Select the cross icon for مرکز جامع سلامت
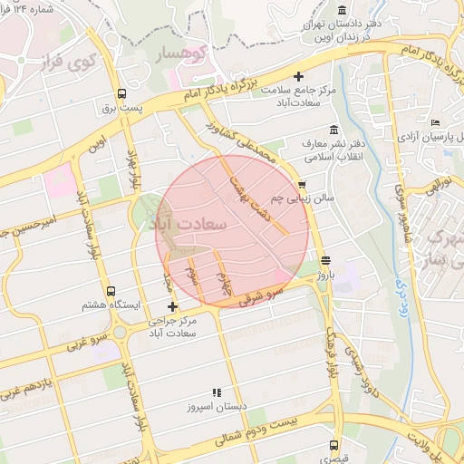299,77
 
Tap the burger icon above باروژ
325,261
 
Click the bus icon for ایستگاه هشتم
111,292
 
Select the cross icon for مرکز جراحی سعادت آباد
173,307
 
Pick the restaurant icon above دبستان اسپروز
216,392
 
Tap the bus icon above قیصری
334,445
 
